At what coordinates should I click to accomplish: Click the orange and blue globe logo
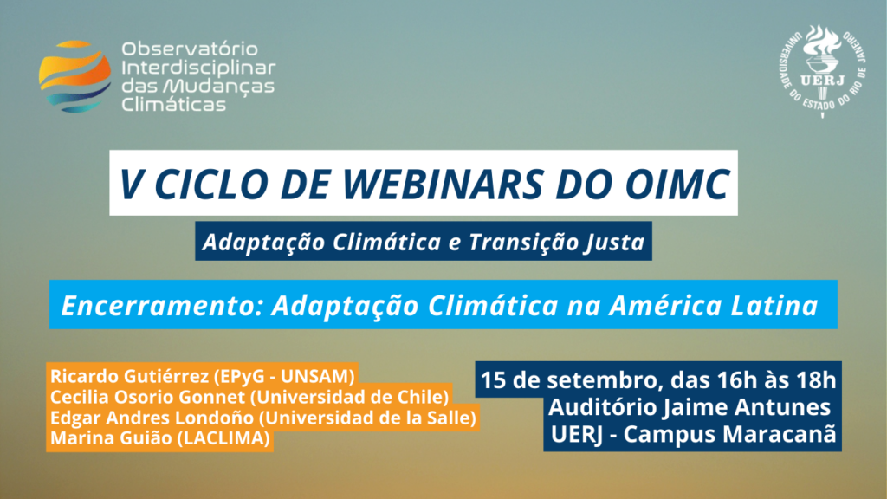pyautogui.click(x=74, y=76)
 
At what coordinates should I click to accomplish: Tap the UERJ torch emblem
pyautogui.click(x=822, y=71)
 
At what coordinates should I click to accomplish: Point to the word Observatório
pyautogui.click(x=190, y=49)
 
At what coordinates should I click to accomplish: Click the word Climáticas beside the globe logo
pyautogui.click(x=173, y=104)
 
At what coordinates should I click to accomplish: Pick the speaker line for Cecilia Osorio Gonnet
pyautogui.click(x=249, y=397)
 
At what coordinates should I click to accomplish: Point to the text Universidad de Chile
pyautogui.click(x=350, y=397)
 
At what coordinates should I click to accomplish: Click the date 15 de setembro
pyautogui.click(x=569, y=379)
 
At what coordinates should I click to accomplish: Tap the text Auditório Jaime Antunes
pyautogui.click(x=689, y=407)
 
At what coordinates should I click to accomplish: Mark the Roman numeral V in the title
pyautogui.click(x=130, y=184)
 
